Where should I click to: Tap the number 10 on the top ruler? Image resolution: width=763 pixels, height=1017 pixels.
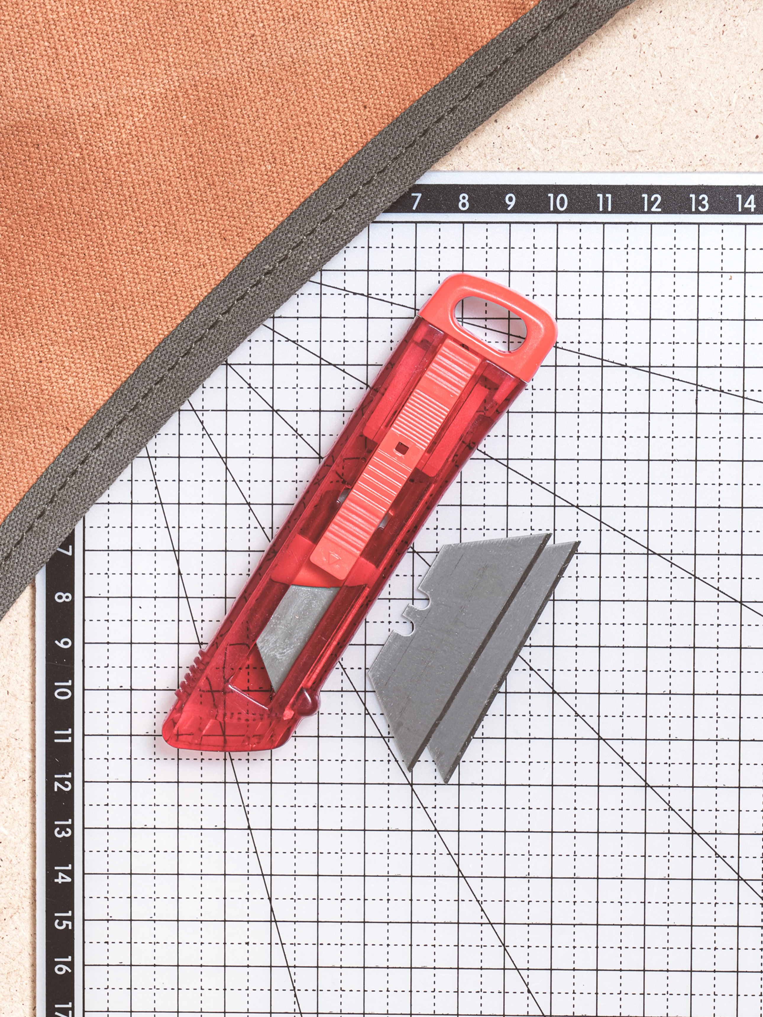click(x=557, y=201)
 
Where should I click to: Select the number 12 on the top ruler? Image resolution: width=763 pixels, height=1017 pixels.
click(x=651, y=202)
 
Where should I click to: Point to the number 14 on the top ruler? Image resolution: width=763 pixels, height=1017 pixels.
click(x=746, y=203)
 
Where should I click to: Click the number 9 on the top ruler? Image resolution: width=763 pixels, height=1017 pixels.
click(x=510, y=201)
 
